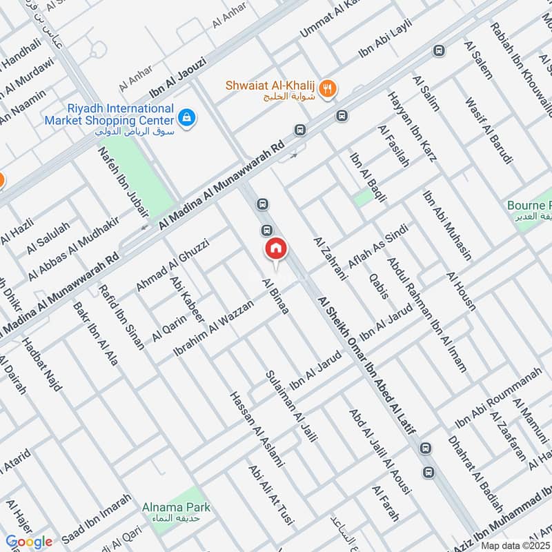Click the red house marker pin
275,250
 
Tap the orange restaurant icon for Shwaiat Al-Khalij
328,88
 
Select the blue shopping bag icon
187,119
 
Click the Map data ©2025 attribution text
515,545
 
